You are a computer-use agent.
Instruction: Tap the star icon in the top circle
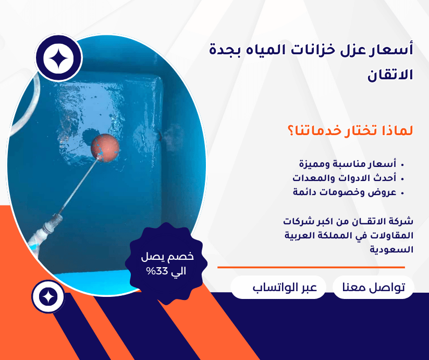click(58, 58)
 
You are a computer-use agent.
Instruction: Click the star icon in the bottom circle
click(48, 297)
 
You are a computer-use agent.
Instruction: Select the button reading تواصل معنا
click(373, 287)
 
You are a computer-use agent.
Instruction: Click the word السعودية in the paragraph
click(391, 249)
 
